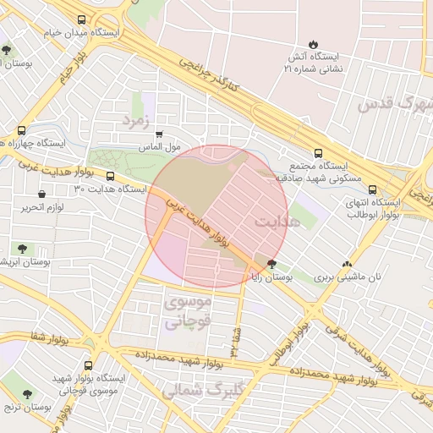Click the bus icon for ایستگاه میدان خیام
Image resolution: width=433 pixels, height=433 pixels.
[81, 20]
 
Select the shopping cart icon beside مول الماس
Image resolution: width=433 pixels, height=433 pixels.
[158, 134]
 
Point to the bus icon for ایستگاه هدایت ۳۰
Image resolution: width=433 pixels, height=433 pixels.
[111, 176]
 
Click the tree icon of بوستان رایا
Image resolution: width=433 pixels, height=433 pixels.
[271, 264]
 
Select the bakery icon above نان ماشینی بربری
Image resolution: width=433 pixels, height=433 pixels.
[347, 264]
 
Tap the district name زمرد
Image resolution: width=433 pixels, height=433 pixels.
[136, 121]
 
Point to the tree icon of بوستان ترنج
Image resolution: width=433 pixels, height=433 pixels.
[27, 394]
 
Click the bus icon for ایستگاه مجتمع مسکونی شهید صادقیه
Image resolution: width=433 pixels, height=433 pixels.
[318, 153]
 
